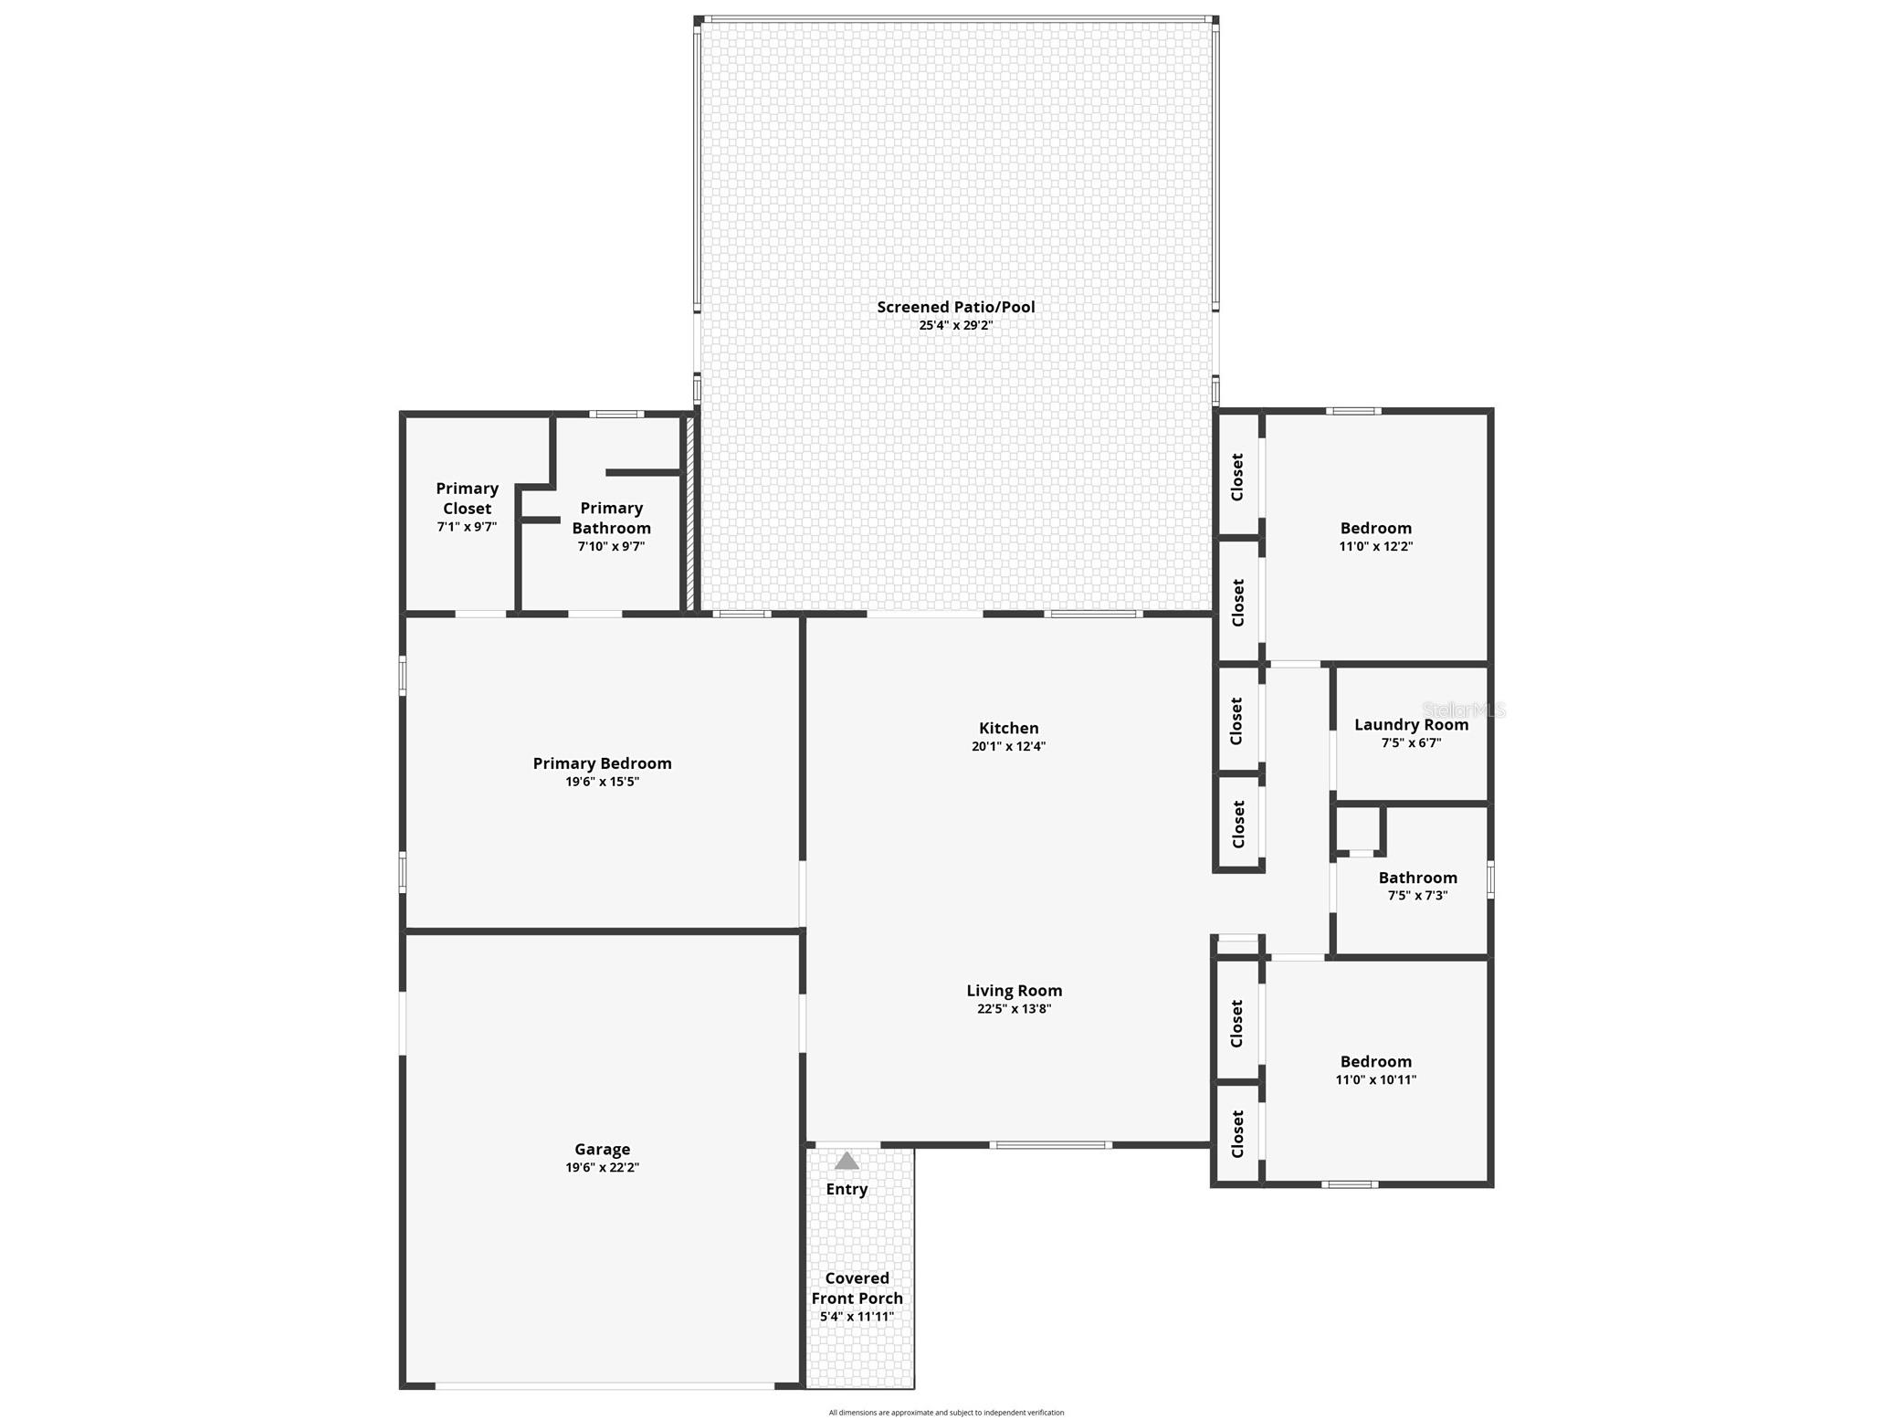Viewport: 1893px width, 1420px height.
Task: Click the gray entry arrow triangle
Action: click(x=847, y=1161)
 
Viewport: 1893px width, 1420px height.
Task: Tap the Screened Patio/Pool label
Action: click(x=956, y=307)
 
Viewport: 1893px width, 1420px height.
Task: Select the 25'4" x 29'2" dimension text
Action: click(x=956, y=325)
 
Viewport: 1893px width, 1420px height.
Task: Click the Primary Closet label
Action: click(x=467, y=499)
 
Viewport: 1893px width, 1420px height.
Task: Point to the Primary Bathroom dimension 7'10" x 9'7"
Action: click(x=611, y=547)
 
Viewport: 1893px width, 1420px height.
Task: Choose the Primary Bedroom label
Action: click(x=603, y=763)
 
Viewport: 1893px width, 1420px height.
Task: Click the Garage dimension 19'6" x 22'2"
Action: click(x=603, y=1167)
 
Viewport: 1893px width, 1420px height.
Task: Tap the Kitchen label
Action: click(x=1009, y=728)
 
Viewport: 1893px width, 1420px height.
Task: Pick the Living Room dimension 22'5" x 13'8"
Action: click(x=1015, y=1009)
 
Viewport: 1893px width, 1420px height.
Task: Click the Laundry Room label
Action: click(x=1412, y=725)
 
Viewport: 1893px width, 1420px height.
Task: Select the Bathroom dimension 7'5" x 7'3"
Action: click(x=1418, y=896)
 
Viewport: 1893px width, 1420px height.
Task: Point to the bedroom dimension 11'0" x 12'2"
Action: click(x=1376, y=547)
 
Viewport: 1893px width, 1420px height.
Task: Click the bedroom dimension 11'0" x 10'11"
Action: click(x=1376, y=1080)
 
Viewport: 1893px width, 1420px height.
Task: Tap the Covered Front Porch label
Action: click(x=857, y=1289)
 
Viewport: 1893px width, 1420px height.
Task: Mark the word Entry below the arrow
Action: click(x=847, y=1189)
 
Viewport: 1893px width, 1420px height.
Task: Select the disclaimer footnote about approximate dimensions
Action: click(x=946, y=1413)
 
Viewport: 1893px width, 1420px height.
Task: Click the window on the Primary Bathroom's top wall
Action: click(x=616, y=415)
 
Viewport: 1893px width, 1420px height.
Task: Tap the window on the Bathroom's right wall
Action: click(x=1491, y=880)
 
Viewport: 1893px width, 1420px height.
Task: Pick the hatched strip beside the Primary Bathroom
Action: click(x=690, y=513)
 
